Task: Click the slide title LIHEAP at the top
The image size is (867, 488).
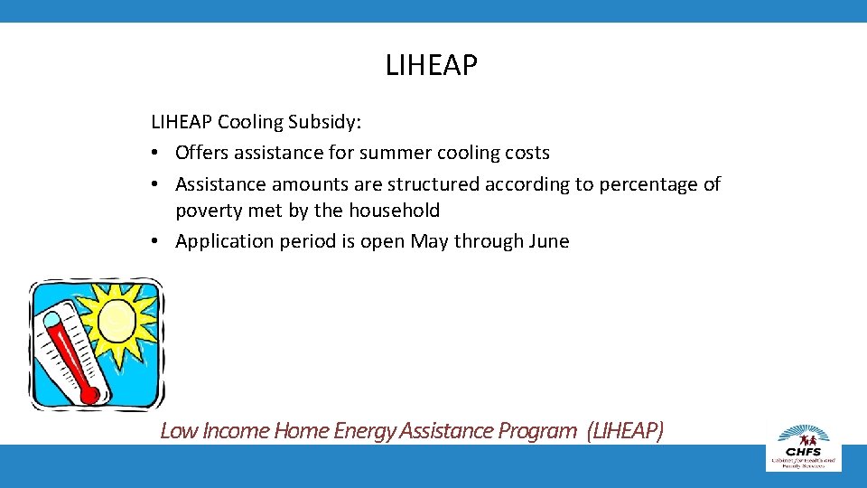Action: pyautogui.click(x=432, y=66)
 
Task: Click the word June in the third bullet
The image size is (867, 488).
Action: pyautogui.click(x=547, y=241)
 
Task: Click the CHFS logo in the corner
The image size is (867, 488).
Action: pyautogui.click(x=803, y=446)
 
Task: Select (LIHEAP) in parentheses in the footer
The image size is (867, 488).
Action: pyautogui.click(x=624, y=431)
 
